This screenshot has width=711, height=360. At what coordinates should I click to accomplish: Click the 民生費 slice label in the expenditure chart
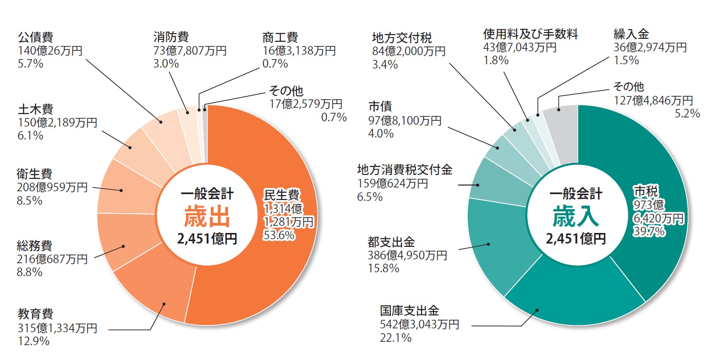click(282, 196)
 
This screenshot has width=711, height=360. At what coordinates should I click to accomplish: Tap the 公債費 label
click(35, 37)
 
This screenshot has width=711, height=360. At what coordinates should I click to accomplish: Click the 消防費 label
click(171, 37)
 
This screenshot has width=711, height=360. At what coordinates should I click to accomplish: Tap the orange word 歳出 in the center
click(207, 217)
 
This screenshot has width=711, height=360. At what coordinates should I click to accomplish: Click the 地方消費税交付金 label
click(405, 170)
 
